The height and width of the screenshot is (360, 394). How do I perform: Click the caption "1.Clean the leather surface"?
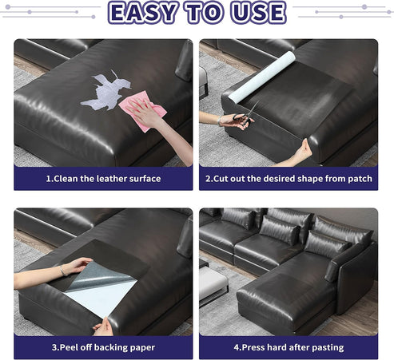103,179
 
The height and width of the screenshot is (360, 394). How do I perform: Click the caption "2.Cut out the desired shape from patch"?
289,179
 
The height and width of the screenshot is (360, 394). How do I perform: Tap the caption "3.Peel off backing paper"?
103,347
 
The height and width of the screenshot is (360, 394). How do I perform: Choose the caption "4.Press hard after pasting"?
289,347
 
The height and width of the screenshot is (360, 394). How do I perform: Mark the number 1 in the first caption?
48,179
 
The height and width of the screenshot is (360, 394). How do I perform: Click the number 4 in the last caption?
236,347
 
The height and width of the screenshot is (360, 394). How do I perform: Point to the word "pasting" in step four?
324,347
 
